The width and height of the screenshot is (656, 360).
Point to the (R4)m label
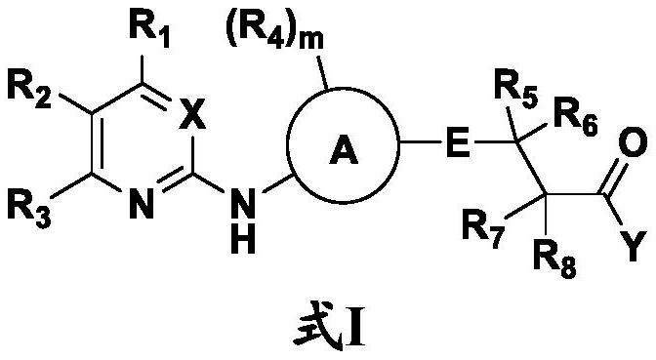(x=274, y=32)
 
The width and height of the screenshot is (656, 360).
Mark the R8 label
(x=555, y=262)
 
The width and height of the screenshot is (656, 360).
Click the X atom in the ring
(x=192, y=114)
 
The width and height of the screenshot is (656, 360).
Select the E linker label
(x=457, y=142)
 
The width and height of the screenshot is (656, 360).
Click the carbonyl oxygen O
(x=633, y=142)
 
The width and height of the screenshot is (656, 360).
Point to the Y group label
(x=635, y=247)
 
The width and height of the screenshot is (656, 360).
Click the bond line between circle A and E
(x=420, y=142)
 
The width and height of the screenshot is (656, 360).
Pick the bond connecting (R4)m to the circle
(x=322, y=73)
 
